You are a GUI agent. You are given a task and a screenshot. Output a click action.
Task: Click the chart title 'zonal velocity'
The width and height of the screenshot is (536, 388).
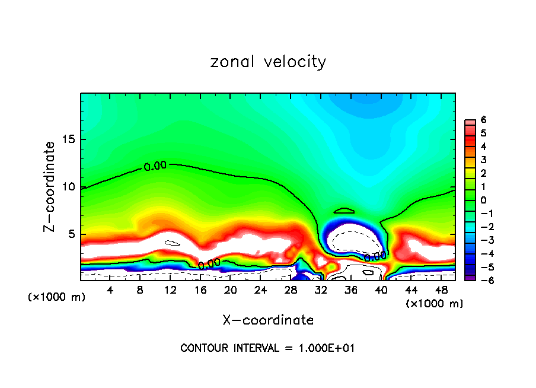tap(268, 62)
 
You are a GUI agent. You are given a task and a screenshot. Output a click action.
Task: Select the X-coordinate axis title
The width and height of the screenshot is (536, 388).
tap(268, 320)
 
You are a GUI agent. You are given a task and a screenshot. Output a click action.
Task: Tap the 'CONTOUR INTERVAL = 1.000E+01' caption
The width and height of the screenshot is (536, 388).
tap(268, 348)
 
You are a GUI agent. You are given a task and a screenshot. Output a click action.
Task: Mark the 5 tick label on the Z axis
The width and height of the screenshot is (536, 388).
tap(72, 234)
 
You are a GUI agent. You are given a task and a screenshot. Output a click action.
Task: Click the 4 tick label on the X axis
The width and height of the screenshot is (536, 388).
tap(110, 290)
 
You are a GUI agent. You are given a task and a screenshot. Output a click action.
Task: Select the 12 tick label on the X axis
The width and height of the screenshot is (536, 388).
tap(170, 290)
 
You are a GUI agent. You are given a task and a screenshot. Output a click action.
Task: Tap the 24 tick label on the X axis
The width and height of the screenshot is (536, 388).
tap(260, 290)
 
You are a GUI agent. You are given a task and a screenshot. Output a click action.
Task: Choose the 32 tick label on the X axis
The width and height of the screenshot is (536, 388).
tap(321, 290)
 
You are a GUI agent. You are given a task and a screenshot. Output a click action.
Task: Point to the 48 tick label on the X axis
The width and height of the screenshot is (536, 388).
tap(441, 290)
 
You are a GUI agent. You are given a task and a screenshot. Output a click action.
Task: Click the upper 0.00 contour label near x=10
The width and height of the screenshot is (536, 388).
tap(155, 166)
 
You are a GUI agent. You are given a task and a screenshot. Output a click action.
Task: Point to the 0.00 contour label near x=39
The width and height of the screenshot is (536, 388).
tap(375, 256)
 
